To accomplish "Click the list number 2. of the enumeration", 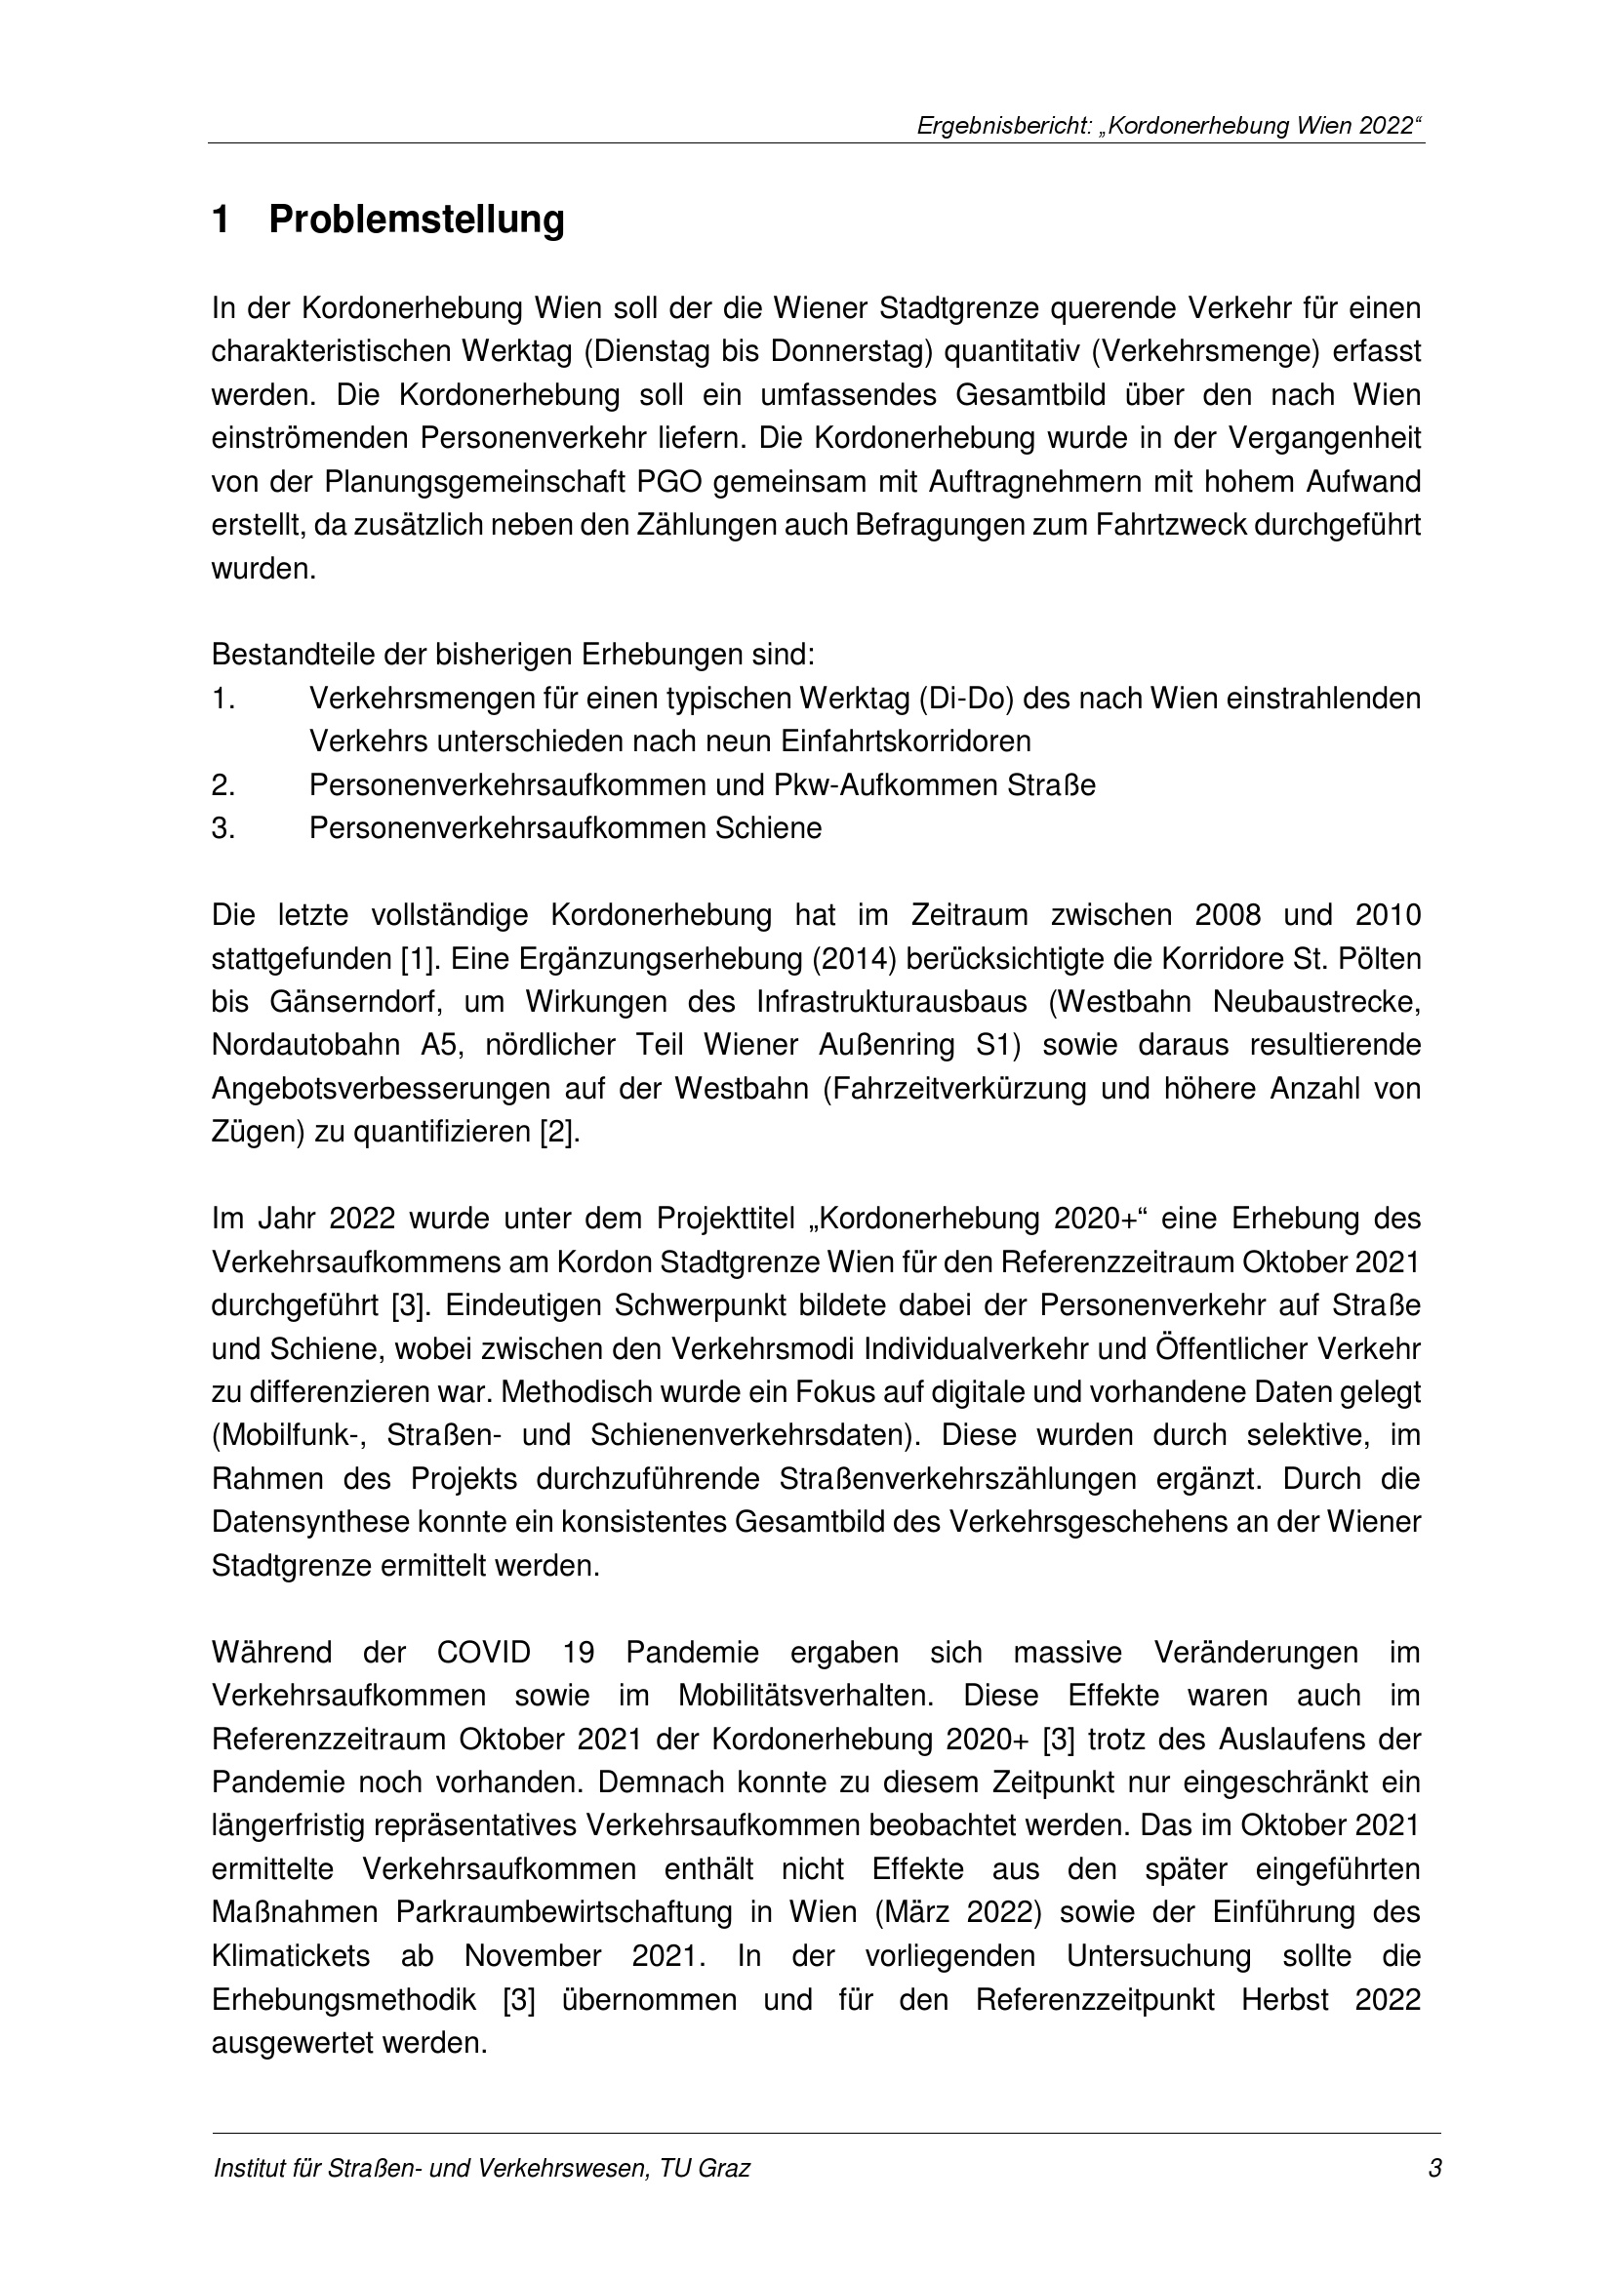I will click(x=222, y=785).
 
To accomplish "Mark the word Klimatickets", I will click(x=290, y=1957).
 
